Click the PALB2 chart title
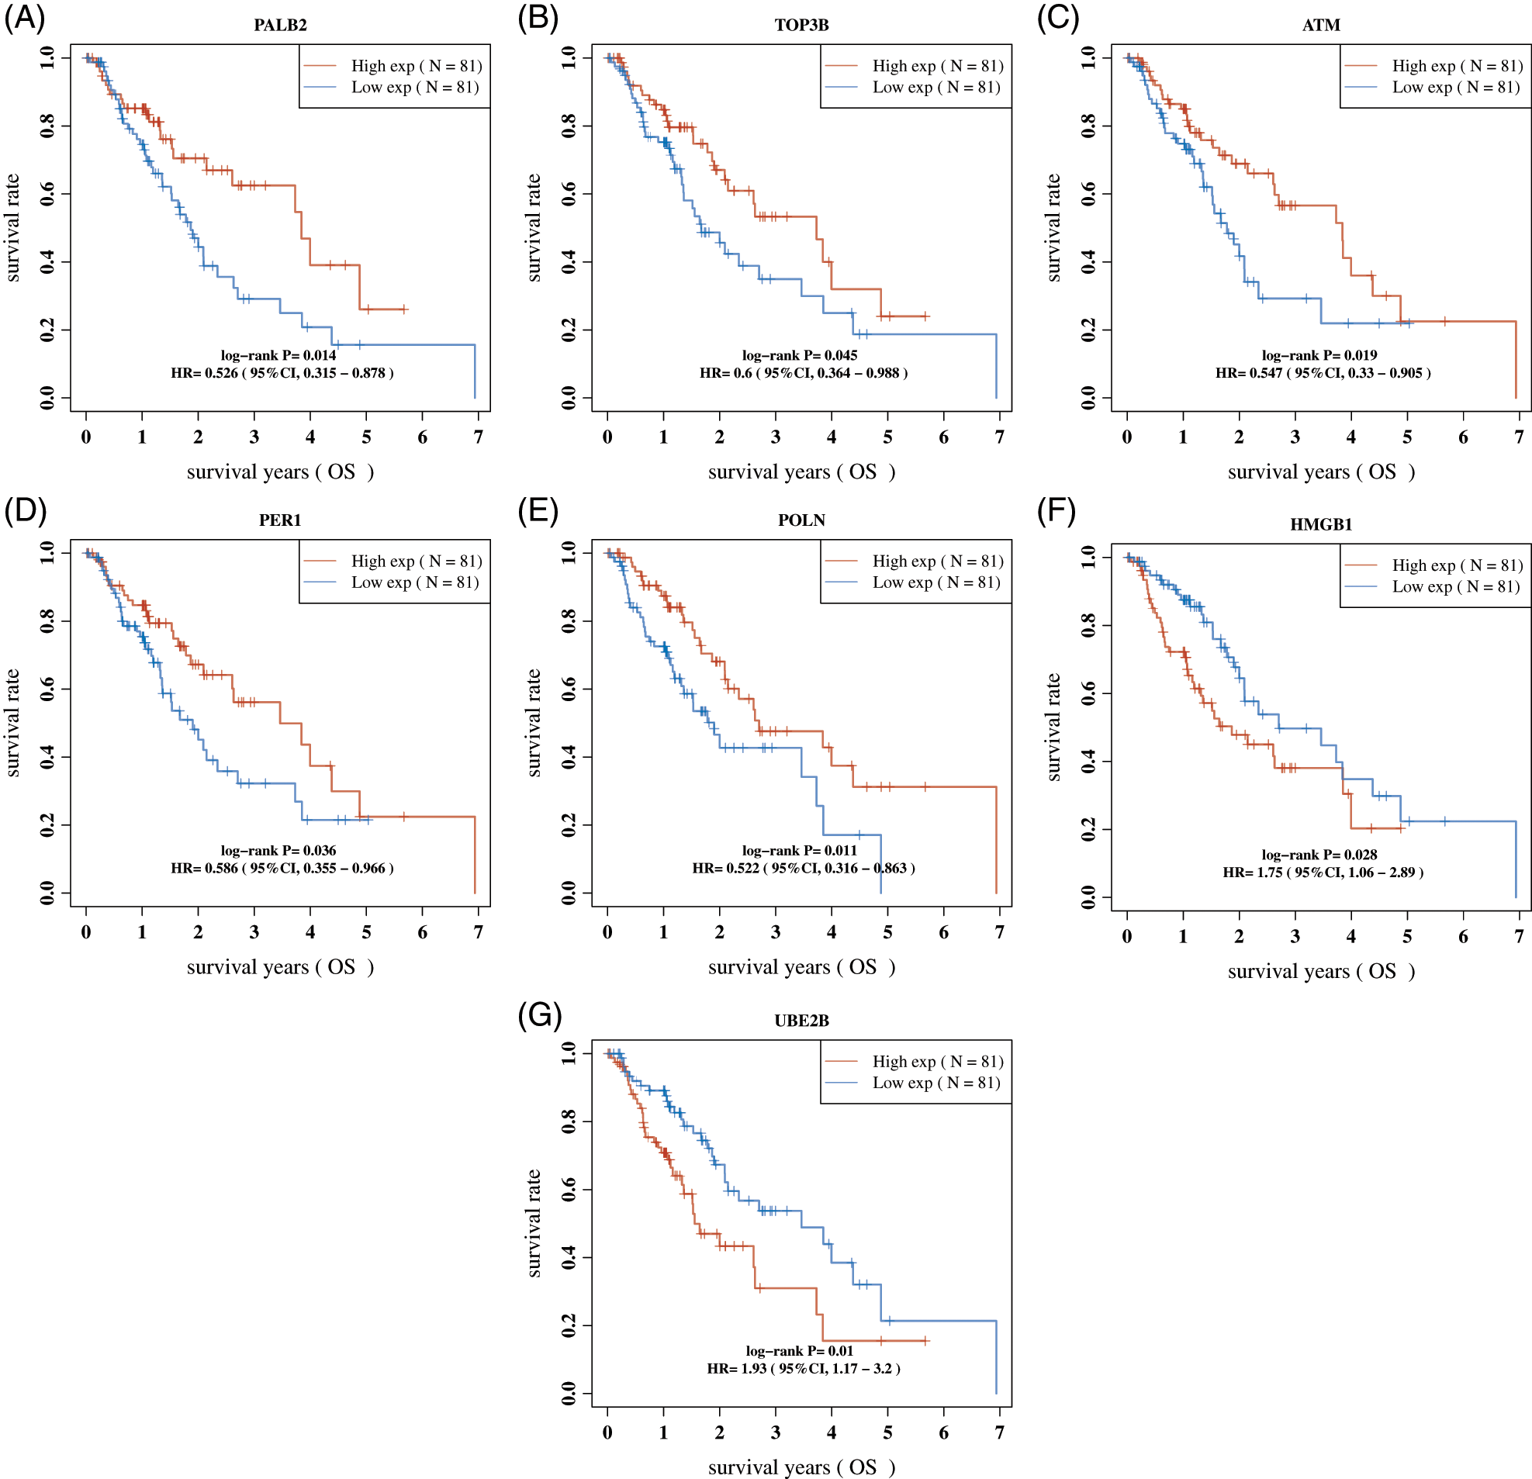click(280, 25)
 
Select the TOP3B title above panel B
click(801, 25)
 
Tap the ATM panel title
click(1321, 25)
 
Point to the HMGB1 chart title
click(1321, 524)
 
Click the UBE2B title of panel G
click(801, 1021)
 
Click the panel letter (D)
click(25, 510)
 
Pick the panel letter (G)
click(539, 1015)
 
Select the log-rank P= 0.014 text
click(278, 355)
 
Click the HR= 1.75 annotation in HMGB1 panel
click(1323, 872)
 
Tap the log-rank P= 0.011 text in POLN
click(800, 850)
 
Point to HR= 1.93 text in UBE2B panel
click(804, 1368)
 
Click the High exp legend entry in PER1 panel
click(416, 561)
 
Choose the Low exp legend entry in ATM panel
click(1455, 88)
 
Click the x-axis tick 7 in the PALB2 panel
click(479, 437)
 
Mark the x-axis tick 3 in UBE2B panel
click(776, 1432)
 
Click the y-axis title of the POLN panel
click(534, 723)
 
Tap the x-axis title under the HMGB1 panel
click(1321, 971)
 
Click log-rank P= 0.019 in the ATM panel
click(1319, 355)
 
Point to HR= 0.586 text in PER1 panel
click(282, 868)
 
